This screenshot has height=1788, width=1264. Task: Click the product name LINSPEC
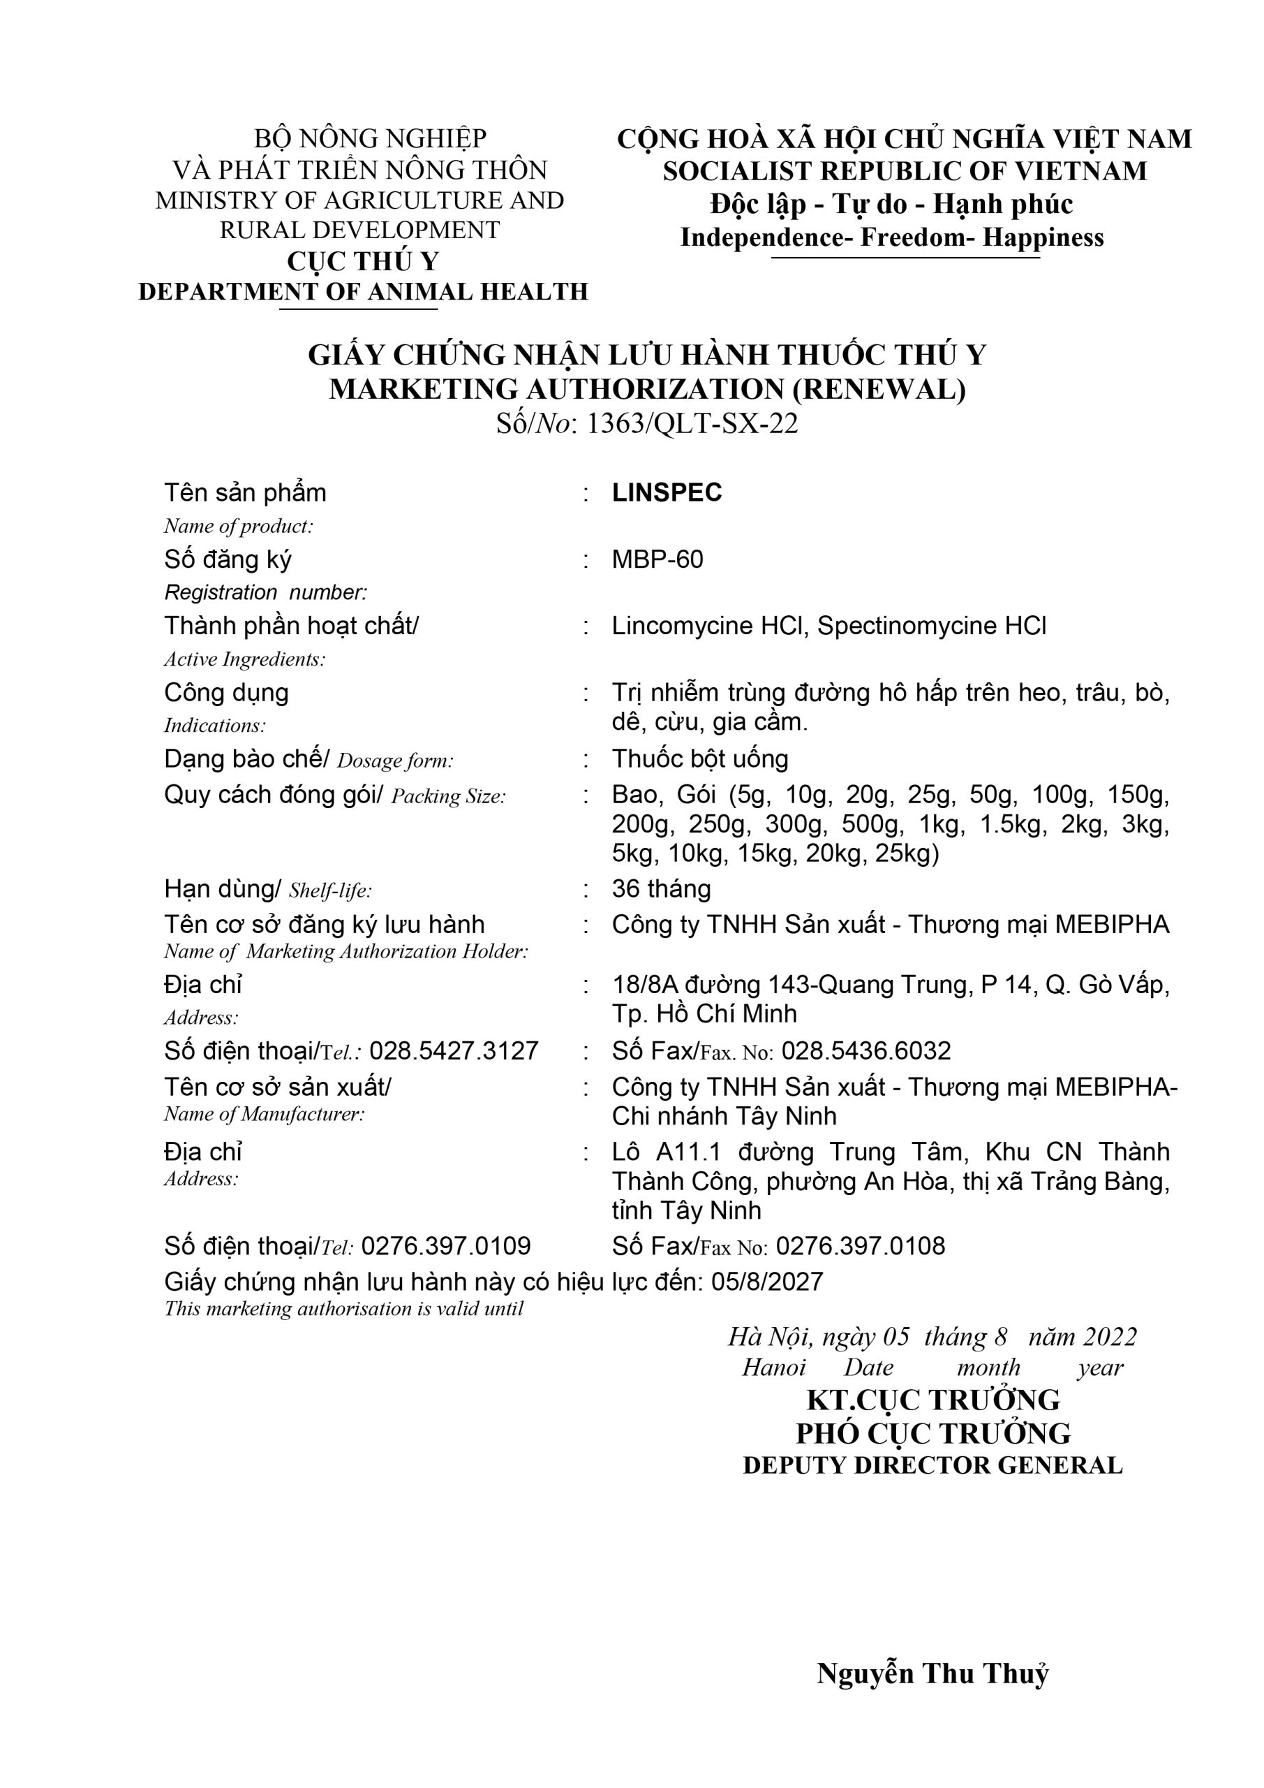point(667,492)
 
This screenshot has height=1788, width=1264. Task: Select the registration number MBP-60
point(657,559)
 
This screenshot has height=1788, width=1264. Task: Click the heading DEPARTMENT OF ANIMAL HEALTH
point(363,291)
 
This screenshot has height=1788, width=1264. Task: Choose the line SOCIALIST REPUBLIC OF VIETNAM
point(905,170)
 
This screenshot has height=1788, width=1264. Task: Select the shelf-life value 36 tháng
point(661,888)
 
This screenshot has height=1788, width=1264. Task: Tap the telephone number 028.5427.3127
point(454,1050)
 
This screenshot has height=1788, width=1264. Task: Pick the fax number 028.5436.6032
point(865,1050)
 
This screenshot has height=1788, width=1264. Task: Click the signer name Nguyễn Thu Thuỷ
point(932,1673)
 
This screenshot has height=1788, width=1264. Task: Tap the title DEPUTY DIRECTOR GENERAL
point(932,1465)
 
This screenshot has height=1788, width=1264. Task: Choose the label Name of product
point(238,527)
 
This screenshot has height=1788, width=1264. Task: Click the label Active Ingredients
point(244,659)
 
